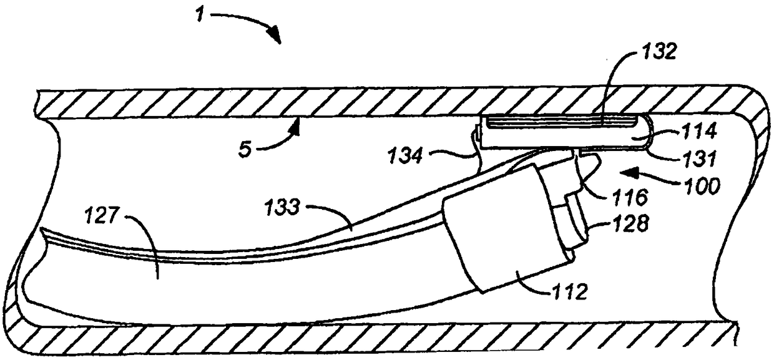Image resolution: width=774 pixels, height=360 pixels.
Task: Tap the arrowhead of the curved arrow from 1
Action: (x=275, y=37)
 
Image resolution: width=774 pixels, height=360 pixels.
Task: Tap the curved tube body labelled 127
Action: (x=250, y=281)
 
